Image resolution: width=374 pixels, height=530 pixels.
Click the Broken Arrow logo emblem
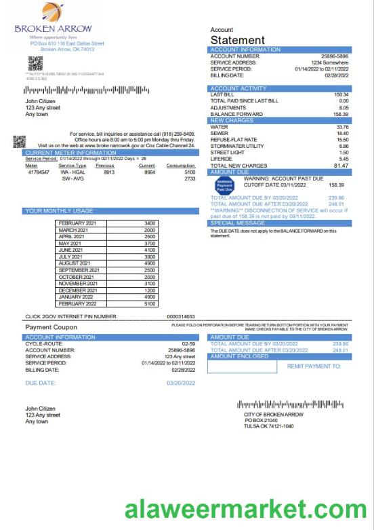click(x=53, y=13)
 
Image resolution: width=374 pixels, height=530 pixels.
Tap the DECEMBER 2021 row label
click(x=78, y=290)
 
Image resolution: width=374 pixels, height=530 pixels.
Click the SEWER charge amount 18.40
click(x=342, y=133)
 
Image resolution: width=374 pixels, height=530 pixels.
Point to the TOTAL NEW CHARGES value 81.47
click(x=341, y=166)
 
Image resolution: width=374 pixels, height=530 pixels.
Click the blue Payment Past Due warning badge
click(x=224, y=185)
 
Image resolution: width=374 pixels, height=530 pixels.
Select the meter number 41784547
click(x=39, y=172)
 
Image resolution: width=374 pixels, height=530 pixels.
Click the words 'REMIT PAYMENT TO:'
click(x=314, y=366)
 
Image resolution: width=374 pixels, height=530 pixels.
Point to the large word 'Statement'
click(x=237, y=41)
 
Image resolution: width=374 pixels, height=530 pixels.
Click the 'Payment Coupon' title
click(x=51, y=327)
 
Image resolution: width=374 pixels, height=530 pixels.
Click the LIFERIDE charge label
click(x=222, y=159)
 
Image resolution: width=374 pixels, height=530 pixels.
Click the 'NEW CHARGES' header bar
click(x=281, y=120)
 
